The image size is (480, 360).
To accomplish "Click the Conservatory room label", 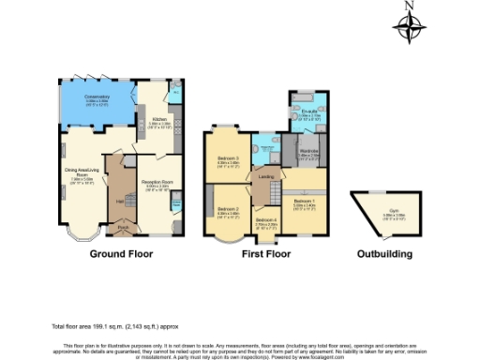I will (97, 97).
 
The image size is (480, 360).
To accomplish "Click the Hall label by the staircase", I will (120, 200).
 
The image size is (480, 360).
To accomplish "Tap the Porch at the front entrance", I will (122, 227).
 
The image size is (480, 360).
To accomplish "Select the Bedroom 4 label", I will (267, 222).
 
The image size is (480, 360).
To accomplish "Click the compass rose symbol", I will (410, 30).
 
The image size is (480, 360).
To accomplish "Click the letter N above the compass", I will (410, 6).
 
